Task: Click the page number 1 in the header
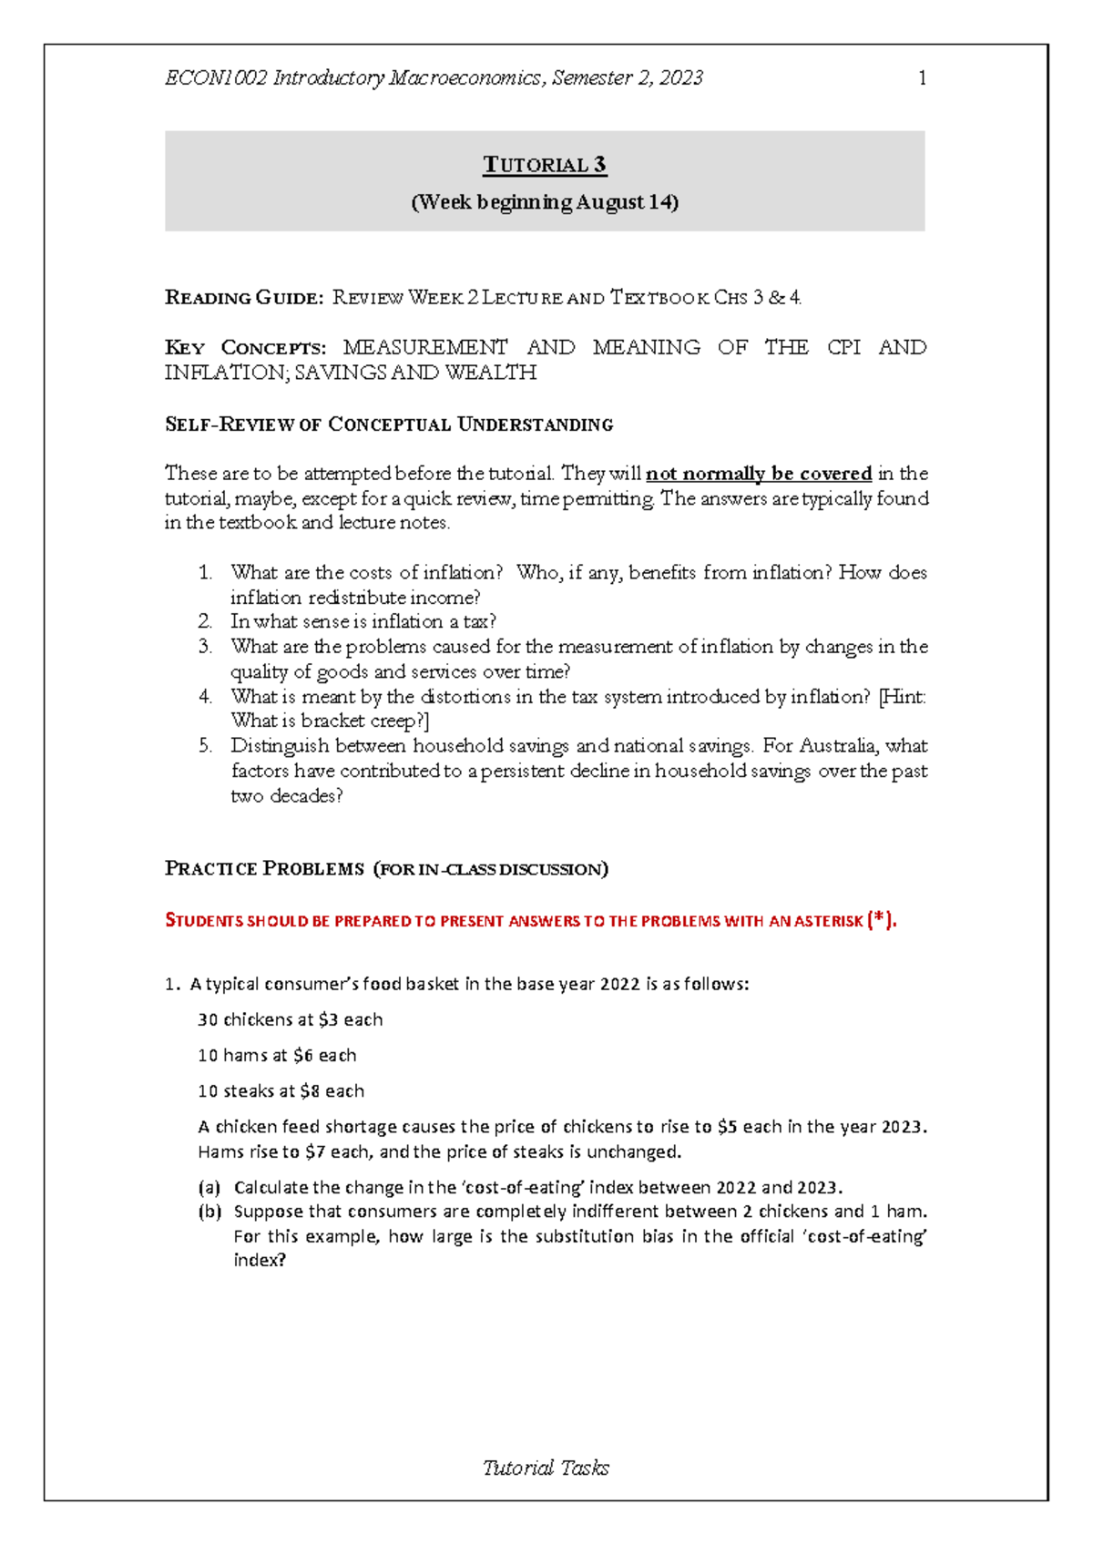click(922, 78)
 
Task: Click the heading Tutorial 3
click(545, 165)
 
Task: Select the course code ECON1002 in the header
click(216, 78)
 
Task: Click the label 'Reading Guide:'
click(243, 298)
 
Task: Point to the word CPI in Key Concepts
click(843, 347)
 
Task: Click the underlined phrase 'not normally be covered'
click(759, 474)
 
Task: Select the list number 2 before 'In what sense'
click(205, 622)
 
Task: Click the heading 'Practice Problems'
click(264, 869)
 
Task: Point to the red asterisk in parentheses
click(879, 920)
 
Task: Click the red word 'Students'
click(204, 921)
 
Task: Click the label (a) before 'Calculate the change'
click(209, 1188)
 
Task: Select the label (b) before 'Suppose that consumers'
click(209, 1212)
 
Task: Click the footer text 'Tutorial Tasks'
click(546, 1468)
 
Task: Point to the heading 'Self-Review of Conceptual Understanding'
click(389, 425)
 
